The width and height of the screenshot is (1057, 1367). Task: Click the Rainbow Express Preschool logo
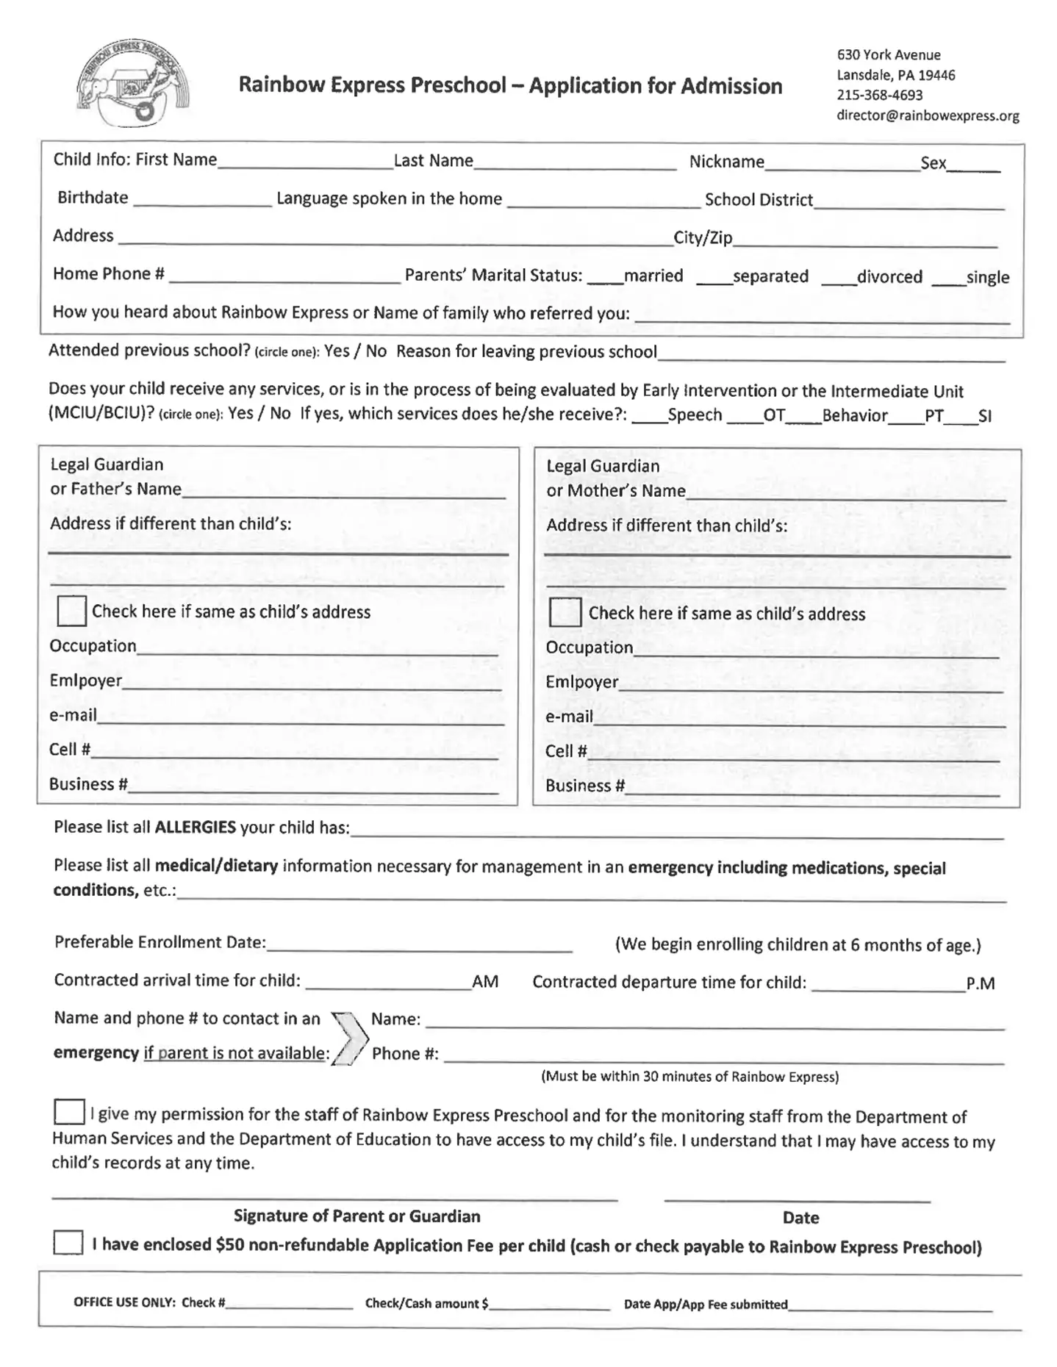point(132,84)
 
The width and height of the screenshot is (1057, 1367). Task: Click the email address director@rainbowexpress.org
point(928,115)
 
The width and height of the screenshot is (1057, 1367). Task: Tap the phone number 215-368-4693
point(879,95)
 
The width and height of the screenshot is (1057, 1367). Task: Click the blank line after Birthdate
point(203,201)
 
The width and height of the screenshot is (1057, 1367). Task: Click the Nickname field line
point(842,165)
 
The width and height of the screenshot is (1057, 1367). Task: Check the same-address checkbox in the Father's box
point(71,611)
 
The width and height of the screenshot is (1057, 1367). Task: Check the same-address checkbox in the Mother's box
point(565,612)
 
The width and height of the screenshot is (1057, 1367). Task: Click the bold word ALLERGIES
point(195,827)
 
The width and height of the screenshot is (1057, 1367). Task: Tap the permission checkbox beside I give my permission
point(69,1112)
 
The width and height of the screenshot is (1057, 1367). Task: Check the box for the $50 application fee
point(68,1243)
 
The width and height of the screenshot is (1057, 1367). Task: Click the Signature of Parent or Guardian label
point(356,1216)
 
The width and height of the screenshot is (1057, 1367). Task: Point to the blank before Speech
point(649,418)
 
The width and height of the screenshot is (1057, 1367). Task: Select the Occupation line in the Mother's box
point(816,651)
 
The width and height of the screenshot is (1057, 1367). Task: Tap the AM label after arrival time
point(485,982)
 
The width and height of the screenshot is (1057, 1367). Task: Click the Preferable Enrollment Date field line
point(419,946)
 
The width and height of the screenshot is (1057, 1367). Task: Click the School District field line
point(909,204)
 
